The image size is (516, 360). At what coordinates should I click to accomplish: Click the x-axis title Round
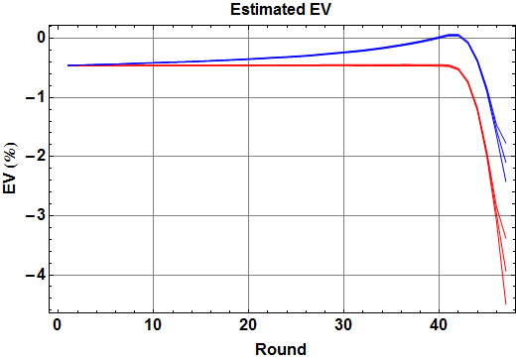280,348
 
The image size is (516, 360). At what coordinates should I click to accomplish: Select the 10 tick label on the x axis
153,325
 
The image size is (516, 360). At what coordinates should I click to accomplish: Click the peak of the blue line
451,35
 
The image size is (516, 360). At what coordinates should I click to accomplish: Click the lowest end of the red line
505,302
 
